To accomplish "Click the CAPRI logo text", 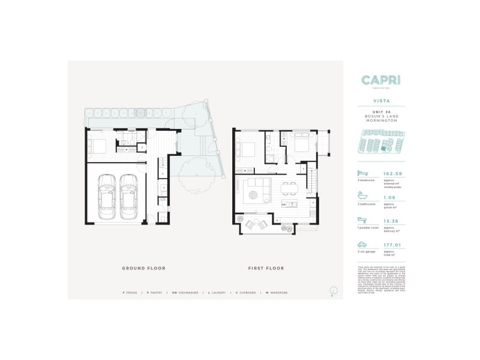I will [x=382, y=80].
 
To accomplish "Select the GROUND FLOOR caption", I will [x=143, y=268].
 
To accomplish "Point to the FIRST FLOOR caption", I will [x=266, y=268].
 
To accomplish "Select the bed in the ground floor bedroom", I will [x=97, y=145].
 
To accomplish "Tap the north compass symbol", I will [x=332, y=291].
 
